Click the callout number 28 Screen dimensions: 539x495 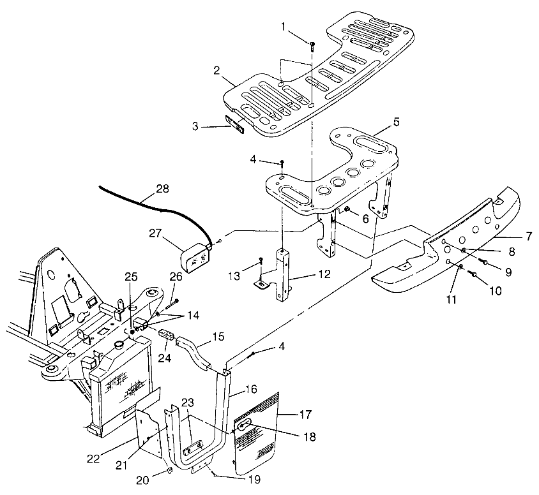click(163, 188)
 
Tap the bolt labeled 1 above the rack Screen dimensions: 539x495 click(312, 47)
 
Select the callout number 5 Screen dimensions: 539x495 click(397, 122)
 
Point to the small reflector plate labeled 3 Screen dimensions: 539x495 click(234, 124)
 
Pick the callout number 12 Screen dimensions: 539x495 click(324, 274)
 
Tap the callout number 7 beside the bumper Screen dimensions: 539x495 click(529, 236)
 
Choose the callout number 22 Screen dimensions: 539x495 click(93, 459)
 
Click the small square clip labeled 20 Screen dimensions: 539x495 click(169, 471)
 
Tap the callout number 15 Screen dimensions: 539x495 click(218, 337)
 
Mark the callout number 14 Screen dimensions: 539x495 click(193, 315)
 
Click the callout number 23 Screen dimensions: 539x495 click(188, 402)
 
